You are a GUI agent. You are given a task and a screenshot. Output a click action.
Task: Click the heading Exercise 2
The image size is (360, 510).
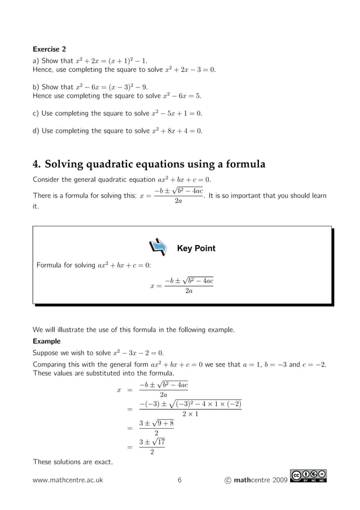click(x=50, y=49)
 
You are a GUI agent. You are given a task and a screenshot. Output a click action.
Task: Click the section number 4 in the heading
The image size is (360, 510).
click(x=36, y=165)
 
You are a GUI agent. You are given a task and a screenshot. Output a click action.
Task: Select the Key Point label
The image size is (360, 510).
click(x=196, y=249)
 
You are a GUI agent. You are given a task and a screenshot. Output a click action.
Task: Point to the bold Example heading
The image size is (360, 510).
click(x=46, y=341)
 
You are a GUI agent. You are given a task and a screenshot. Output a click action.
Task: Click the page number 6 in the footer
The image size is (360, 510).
click(x=179, y=480)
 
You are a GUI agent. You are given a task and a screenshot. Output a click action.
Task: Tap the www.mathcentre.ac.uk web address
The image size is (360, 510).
click(x=68, y=480)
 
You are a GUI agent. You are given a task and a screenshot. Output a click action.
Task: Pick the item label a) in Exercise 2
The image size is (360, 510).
click(x=36, y=61)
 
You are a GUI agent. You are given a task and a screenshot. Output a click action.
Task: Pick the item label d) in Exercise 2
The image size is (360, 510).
click(x=36, y=131)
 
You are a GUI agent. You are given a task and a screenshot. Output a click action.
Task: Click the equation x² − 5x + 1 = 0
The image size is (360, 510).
click(x=177, y=113)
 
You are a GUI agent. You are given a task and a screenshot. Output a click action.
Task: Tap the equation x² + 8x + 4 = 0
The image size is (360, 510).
click(x=177, y=131)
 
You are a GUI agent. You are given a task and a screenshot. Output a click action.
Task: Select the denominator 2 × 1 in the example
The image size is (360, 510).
click(x=190, y=413)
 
